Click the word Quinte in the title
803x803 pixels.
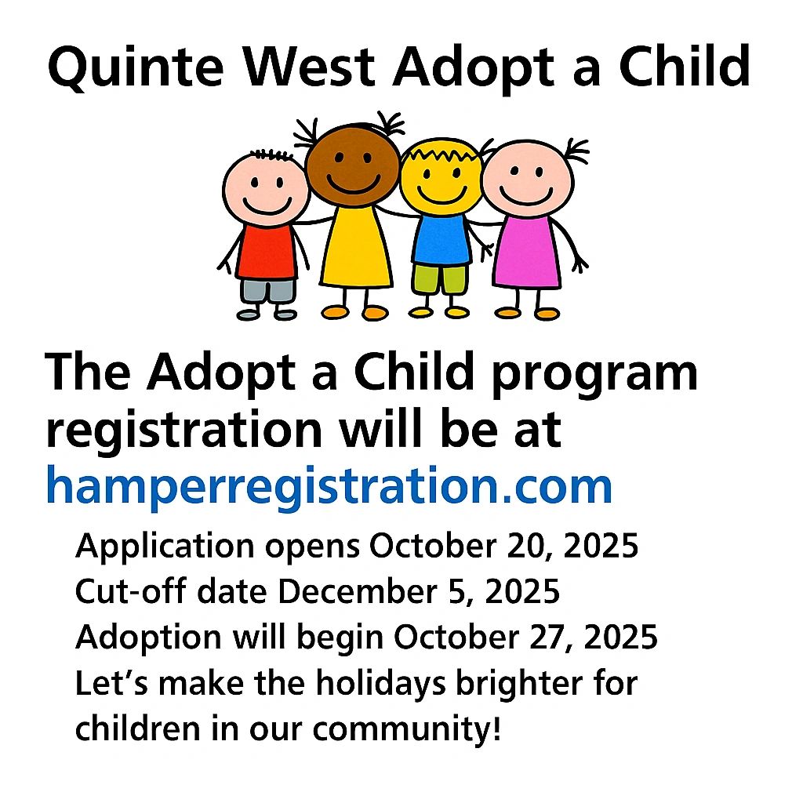point(136,67)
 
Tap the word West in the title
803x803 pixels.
point(308,66)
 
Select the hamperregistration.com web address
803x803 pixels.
point(329,486)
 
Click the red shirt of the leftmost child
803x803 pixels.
point(267,252)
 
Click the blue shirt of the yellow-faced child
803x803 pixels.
point(441,239)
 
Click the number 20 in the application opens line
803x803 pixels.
point(529,547)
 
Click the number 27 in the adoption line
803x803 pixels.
point(551,638)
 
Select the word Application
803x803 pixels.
point(165,547)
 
